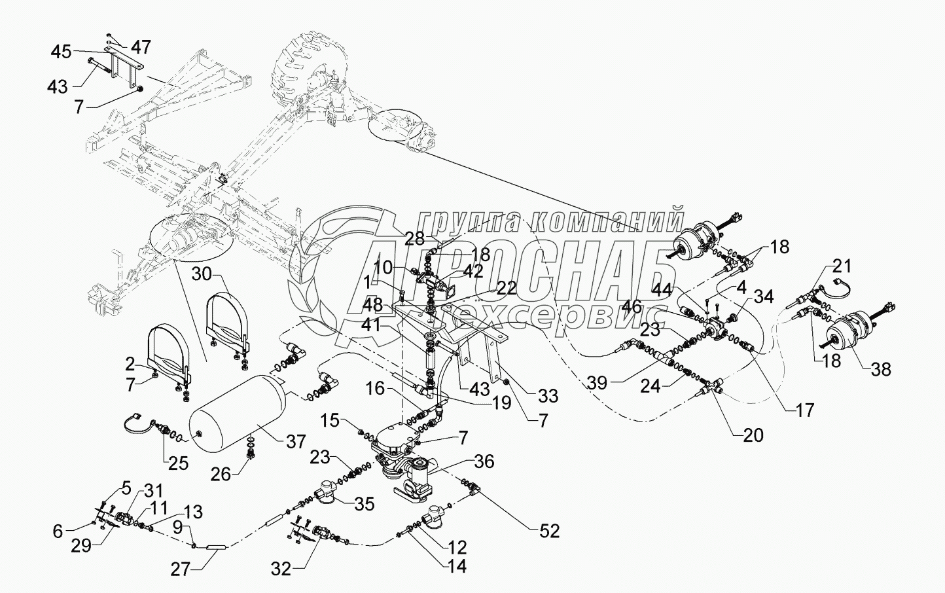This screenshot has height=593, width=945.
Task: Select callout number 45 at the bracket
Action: (62, 53)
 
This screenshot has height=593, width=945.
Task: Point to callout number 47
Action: (140, 47)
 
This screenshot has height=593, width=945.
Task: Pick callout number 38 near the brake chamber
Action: (880, 369)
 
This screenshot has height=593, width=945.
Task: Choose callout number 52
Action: (548, 531)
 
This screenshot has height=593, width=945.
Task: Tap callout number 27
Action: (181, 570)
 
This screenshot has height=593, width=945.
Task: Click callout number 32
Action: (281, 569)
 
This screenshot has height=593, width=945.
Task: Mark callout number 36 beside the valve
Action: (484, 461)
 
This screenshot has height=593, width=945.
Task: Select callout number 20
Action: (753, 435)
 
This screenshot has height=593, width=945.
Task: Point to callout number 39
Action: (597, 383)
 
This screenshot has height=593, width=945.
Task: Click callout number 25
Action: (177, 464)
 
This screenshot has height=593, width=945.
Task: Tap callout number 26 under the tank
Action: (221, 475)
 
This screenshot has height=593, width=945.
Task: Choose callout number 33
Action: (548, 396)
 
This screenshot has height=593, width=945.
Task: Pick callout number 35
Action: (364, 503)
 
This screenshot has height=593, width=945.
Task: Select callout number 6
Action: (58, 531)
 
